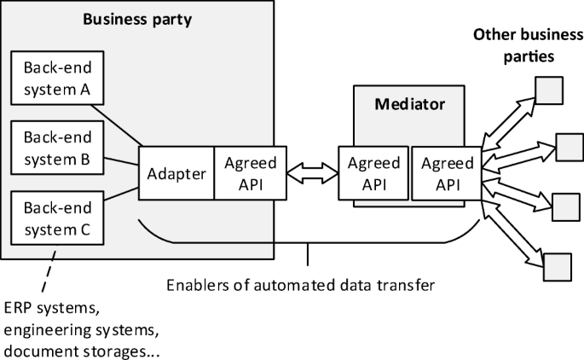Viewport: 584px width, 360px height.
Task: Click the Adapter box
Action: click(x=176, y=174)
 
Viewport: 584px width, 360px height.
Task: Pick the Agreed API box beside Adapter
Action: click(x=250, y=174)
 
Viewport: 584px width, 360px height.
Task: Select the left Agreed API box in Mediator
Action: click(x=373, y=174)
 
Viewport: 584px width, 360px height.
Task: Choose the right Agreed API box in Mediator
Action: click(x=444, y=174)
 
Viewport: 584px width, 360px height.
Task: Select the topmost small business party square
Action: click(x=547, y=89)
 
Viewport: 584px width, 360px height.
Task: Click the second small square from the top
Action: click(x=569, y=146)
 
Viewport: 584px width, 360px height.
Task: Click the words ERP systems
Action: click(x=42, y=307)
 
